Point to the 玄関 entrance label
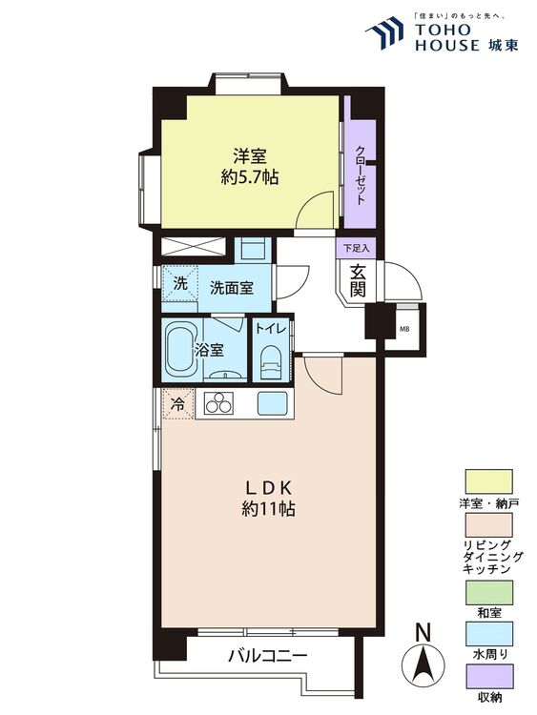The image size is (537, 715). (x=358, y=281)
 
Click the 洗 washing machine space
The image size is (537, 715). (x=179, y=283)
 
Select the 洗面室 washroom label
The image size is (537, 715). (x=232, y=286)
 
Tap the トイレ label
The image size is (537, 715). (x=270, y=329)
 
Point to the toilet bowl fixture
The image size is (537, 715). (x=271, y=362)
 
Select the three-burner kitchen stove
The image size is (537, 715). (x=216, y=403)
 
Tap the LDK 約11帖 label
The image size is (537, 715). (x=268, y=496)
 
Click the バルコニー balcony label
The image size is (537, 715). (x=267, y=657)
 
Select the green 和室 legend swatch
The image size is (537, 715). (x=487, y=591)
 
